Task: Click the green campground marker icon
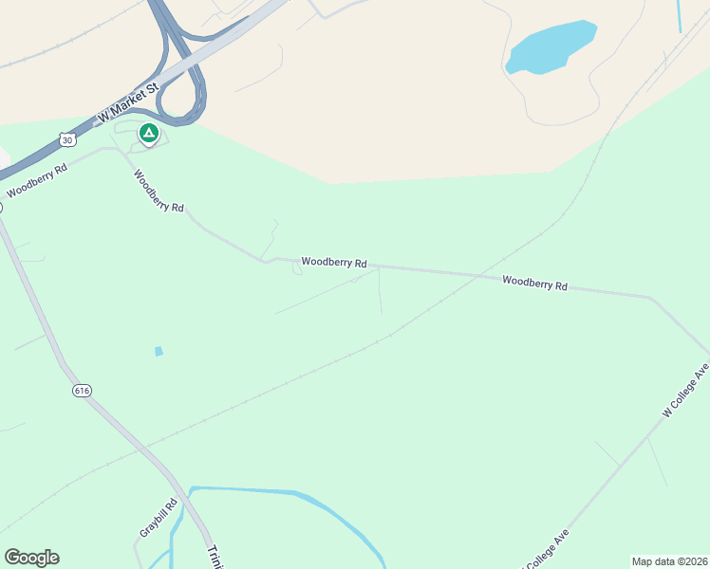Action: pyautogui.click(x=148, y=134)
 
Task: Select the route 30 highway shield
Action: pyautogui.click(x=65, y=139)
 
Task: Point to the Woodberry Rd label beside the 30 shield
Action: pyautogui.click(x=37, y=180)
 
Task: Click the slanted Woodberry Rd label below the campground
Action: pyautogui.click(x=159, y=191)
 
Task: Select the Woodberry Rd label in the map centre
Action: pyautogui.click(x=334, y=262)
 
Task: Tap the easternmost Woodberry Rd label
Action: pyautogui.click(x=534, y=283)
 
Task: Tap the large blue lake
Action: pyautogui.click(x=551, y=47)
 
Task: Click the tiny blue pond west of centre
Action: pyautogui.click(x=159, y=351)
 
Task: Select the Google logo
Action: pyautogui.click(x=31, y=558)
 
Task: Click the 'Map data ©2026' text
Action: pyautogui.click(x=668, y=561)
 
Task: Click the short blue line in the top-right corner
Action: pyautogui.click(x=680, y=16)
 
